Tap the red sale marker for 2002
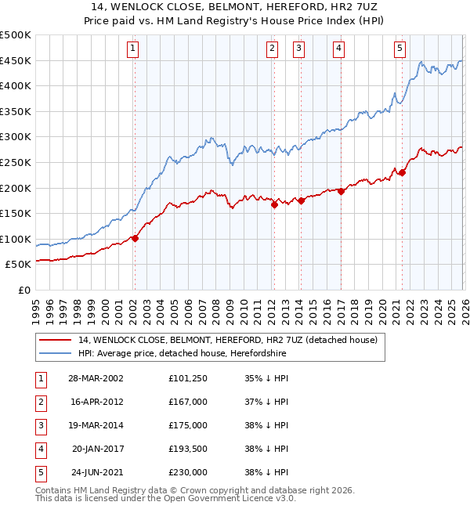point(135,239)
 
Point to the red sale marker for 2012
point(274,205)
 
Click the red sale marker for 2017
point(341,191)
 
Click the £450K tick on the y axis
point(16,60)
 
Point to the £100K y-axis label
point(16,239)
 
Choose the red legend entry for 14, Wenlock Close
point(227,340)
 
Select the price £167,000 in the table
point(187,401)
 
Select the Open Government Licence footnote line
point(165,498)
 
